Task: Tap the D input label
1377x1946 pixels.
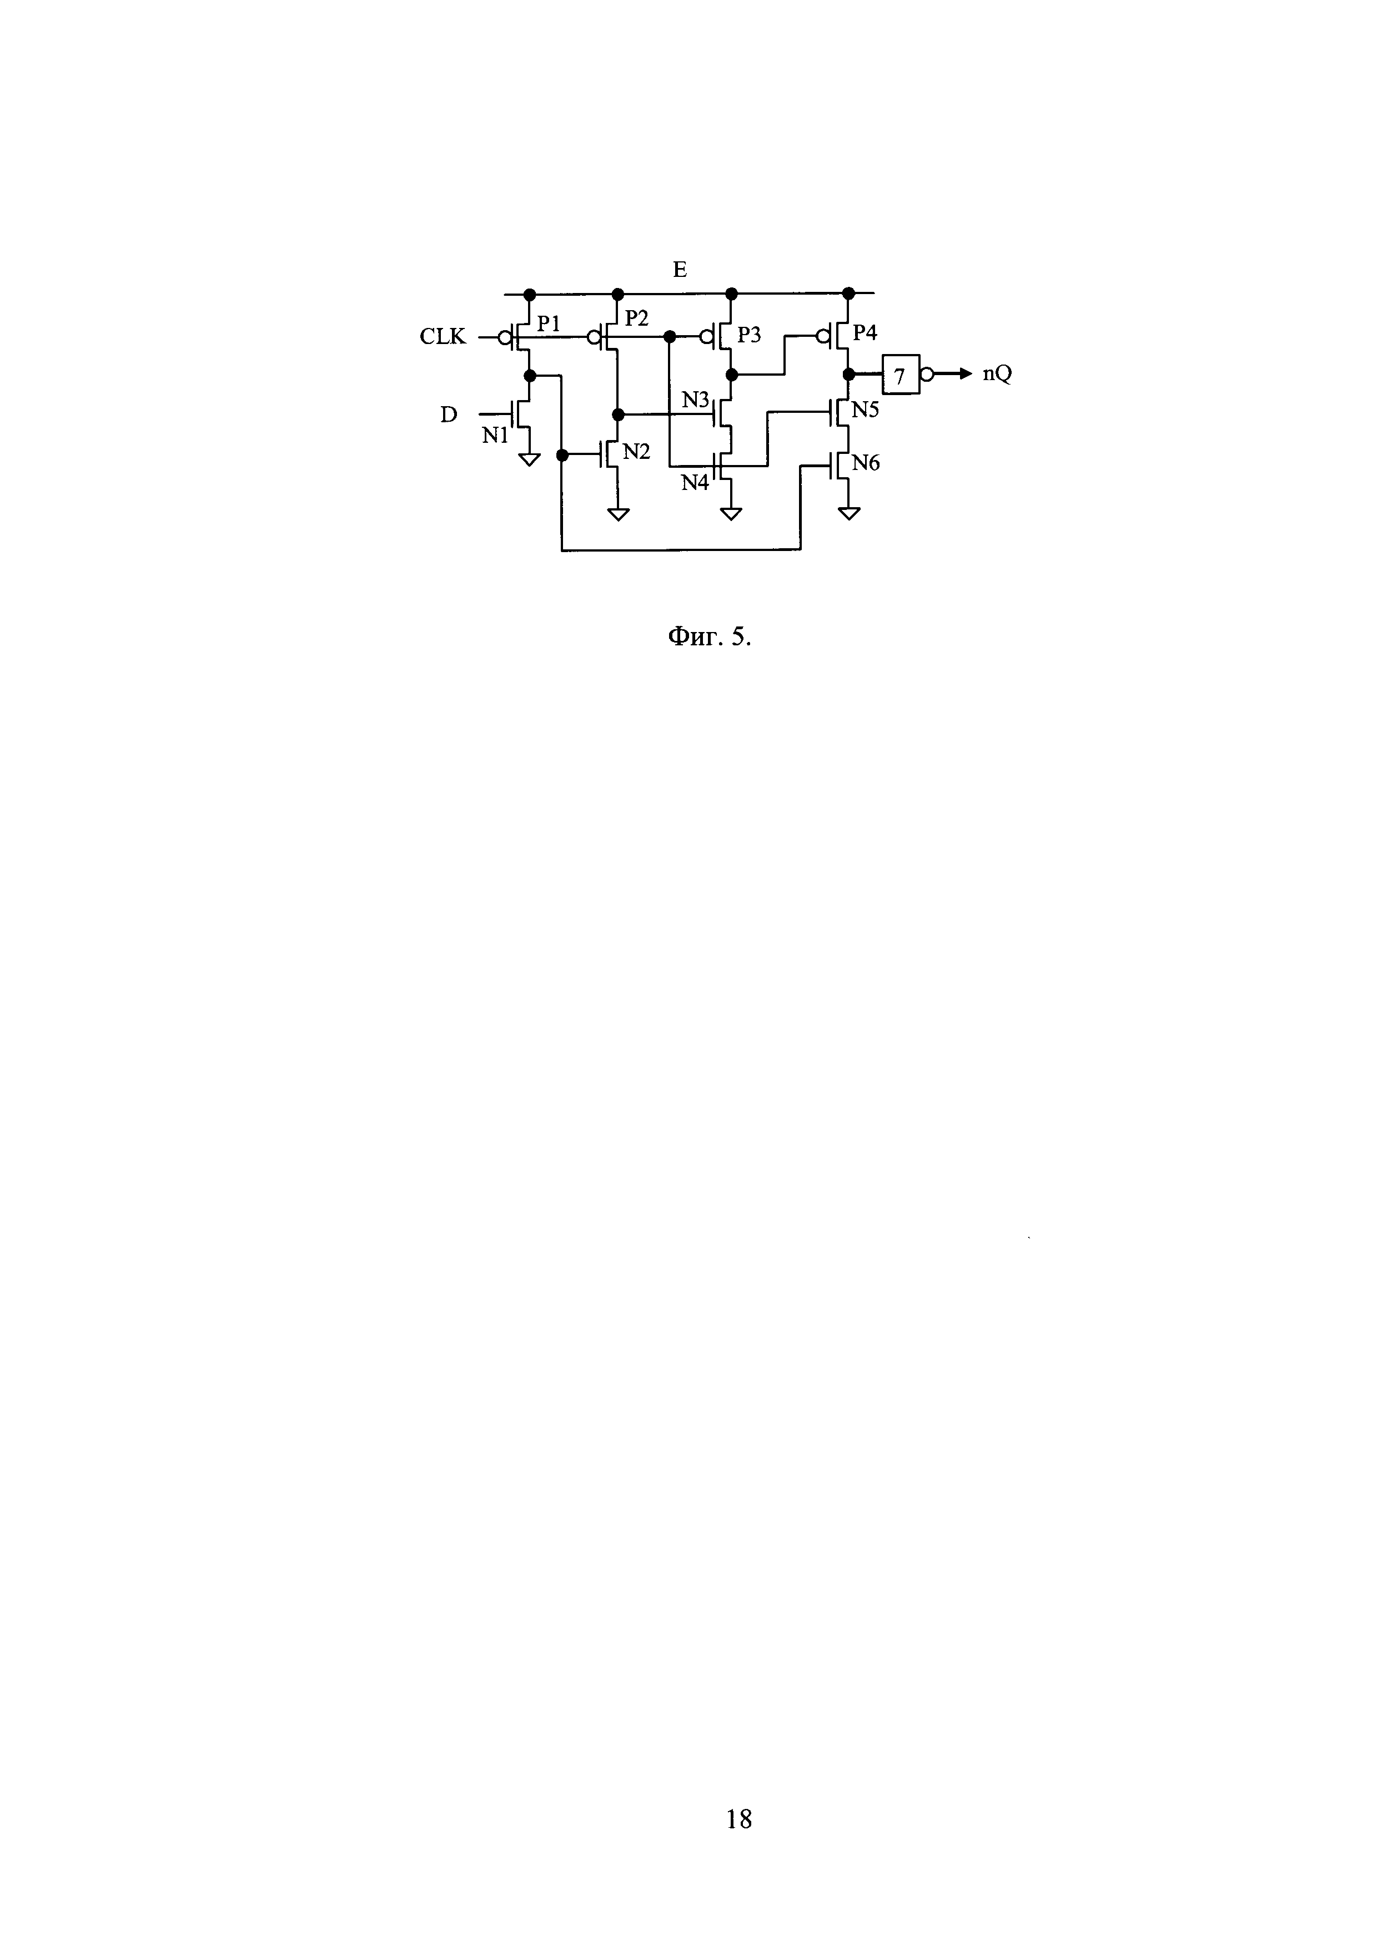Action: pos(449,415)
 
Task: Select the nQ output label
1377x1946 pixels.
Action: pos(997,374)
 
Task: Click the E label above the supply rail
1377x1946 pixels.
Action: pos(679,270)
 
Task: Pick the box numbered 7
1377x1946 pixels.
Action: pos(901,374)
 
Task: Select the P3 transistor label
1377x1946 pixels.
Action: pos(748,335)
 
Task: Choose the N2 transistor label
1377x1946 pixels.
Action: pos(636,452)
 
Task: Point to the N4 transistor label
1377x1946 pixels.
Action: pos(695,483)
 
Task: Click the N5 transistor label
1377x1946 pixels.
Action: pos(866,410)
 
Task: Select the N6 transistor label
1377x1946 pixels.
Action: pos(866,463)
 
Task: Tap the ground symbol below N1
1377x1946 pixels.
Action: pos(530,460)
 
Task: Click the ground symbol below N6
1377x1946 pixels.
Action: pos(849,513)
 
